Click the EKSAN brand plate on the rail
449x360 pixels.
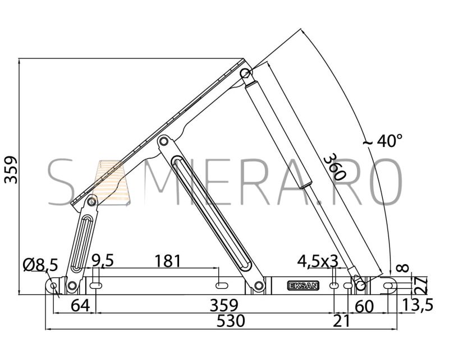click(x=303, y=285)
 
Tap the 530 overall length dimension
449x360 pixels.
click(x=231, y=321)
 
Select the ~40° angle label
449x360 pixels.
click(x=383, y=141)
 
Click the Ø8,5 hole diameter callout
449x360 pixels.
click(x=40, y=265)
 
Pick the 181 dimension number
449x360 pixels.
click(x=168, y=261)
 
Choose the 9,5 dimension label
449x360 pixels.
click(x=103, y=260)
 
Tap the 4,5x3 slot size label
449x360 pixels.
click(x=318, y=261)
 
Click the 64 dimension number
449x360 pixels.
click(x=80, y=306)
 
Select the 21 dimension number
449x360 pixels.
click(x=342, y=321)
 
